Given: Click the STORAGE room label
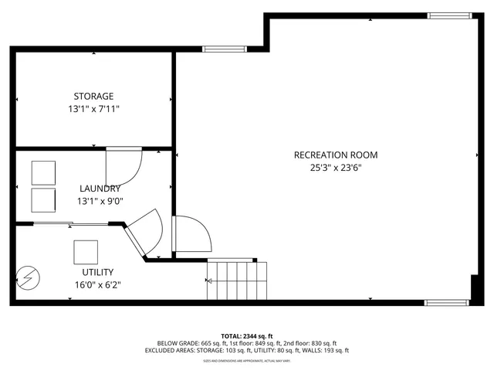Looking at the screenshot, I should [93, 97].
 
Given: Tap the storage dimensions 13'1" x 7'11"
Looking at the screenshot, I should [93, 110].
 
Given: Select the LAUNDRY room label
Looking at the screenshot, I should [100, 189].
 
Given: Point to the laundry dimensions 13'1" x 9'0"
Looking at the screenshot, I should [100, 201].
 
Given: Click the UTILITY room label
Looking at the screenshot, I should [98, 272].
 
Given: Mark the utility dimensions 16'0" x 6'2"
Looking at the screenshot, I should [97, 284].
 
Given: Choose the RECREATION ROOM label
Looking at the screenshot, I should [336, 155].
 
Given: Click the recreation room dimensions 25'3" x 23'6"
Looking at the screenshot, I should [336, 168].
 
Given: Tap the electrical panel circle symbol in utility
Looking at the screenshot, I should [28, 277].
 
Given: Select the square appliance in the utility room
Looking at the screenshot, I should [86, 252].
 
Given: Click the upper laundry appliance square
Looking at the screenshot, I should [43, 172].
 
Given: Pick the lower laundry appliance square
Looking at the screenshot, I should [43, 199].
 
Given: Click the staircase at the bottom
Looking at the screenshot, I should [238, 280].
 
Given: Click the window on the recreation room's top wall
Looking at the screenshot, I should [450, 14].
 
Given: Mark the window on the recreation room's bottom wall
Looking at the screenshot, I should [447, 303].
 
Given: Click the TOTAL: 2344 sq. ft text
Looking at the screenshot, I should [247, 336].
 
